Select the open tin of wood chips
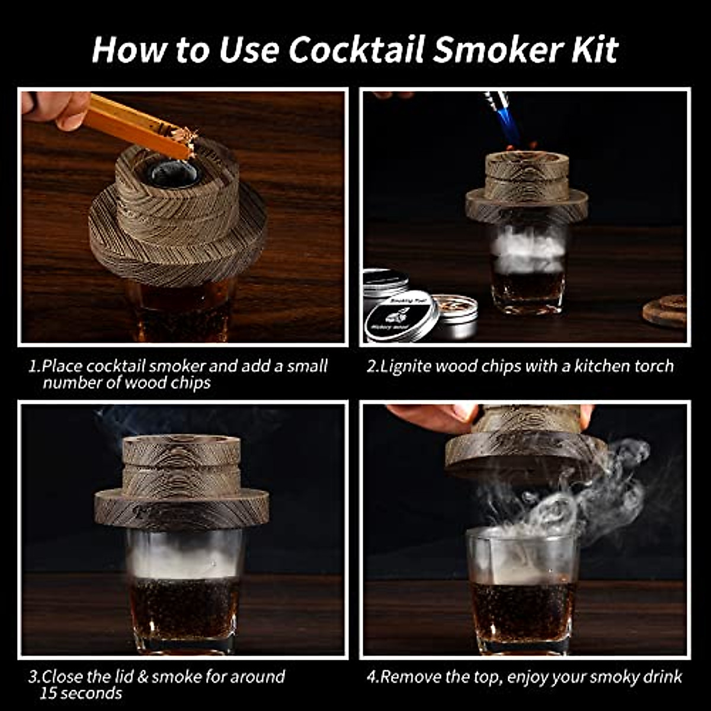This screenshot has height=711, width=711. tap(455, 315)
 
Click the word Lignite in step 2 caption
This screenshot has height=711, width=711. tap(406, 366)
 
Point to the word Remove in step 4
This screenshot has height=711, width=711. tap(412, 676)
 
